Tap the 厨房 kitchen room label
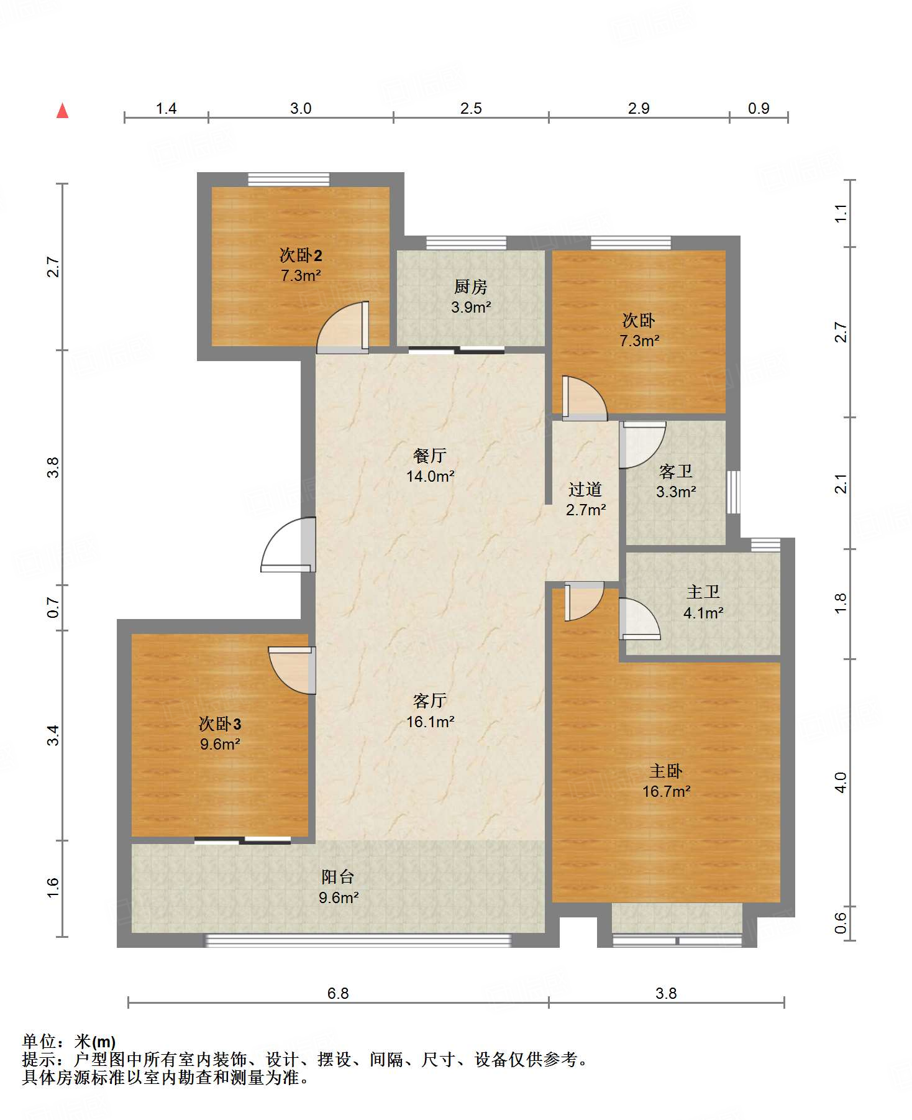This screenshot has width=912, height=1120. coord(470,287)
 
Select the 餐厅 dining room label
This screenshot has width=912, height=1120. coord(430,456)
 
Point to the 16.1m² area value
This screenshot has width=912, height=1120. coord(430,722)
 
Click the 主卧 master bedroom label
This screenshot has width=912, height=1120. coord(666,771)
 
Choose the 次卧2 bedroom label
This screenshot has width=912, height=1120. coord(301,255)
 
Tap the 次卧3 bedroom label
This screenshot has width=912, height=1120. coord(220,723)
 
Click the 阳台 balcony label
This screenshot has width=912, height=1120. coord(338,876)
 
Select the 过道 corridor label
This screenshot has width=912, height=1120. coord(585,489)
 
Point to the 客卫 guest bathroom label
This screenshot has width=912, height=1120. coord(676,471)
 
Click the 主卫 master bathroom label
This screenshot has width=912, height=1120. coord(703,592)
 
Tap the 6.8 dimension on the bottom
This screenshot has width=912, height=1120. coord(338,993)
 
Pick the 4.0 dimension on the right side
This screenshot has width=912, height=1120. coord(841,782)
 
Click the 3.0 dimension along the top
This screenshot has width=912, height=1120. coord(301,108)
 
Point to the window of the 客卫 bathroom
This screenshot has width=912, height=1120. coord(734,492)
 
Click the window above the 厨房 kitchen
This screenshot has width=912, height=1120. coord(466,243)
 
